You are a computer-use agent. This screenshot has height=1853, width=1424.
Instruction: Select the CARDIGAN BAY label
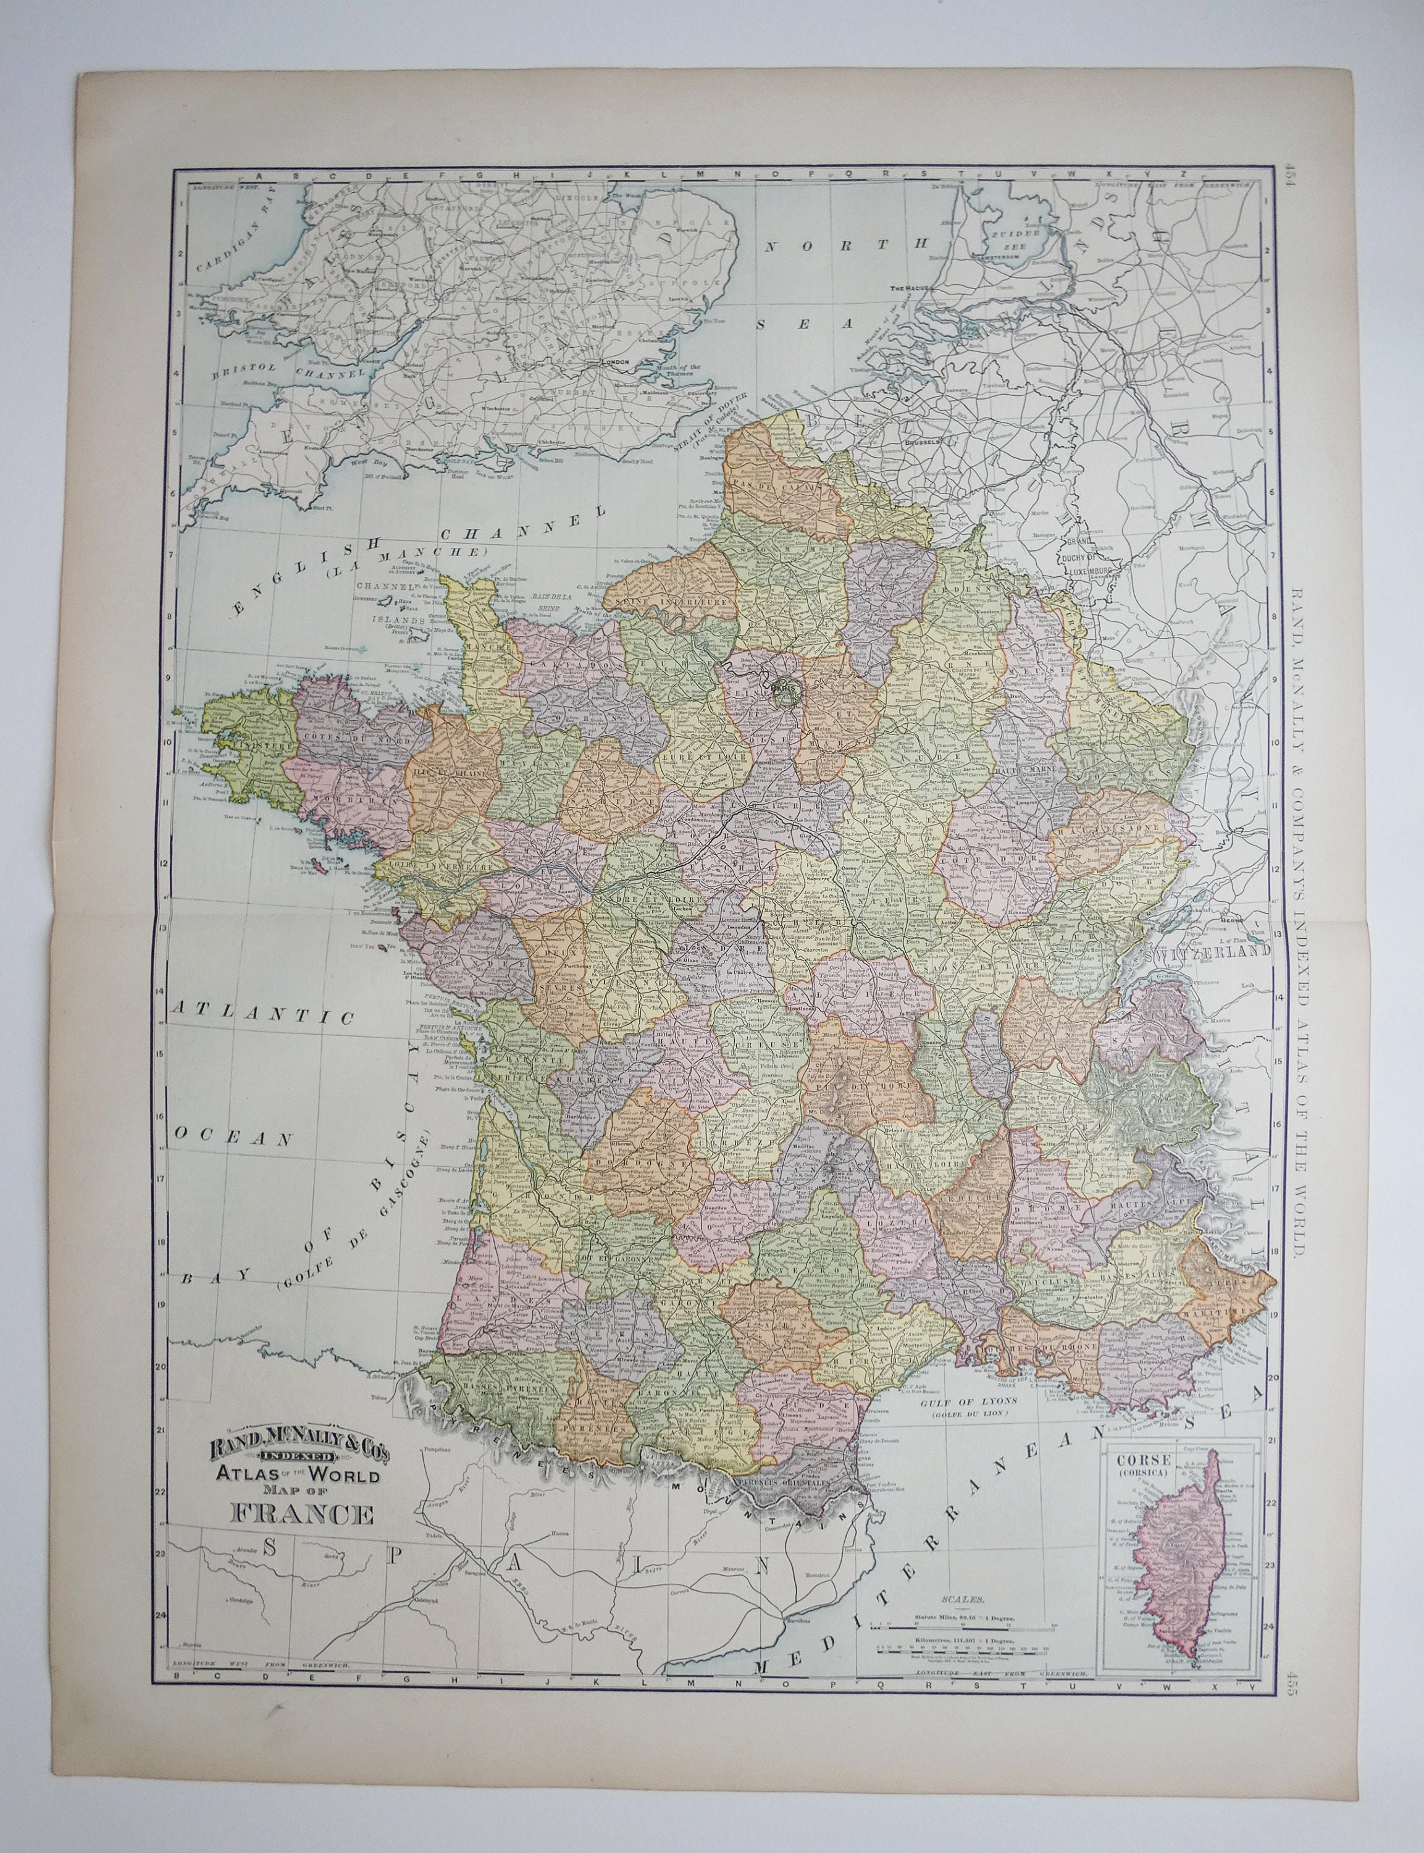click(x=220, y=245)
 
